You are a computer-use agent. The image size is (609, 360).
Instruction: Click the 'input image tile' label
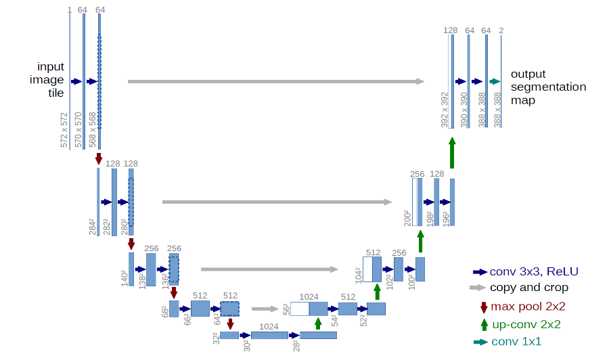[51, 80]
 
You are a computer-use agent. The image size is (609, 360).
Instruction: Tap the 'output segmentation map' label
[548, 87]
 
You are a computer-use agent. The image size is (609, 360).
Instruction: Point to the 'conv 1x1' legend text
[516, 342]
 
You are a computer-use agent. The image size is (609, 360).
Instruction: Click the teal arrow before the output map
[495, 82]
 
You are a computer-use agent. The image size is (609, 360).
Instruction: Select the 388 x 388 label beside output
[498, 110]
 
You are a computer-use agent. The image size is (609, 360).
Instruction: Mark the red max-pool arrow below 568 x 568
[99, 159]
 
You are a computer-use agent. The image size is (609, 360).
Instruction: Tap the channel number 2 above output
[501, 30]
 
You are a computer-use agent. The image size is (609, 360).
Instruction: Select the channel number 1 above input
[69, 9]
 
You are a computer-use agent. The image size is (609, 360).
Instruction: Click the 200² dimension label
[407, 217]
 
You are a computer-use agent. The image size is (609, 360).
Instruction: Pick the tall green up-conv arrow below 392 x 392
[452, 152]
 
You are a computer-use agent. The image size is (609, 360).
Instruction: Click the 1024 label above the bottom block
[269, 326]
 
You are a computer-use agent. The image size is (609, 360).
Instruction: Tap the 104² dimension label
[358, 274]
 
